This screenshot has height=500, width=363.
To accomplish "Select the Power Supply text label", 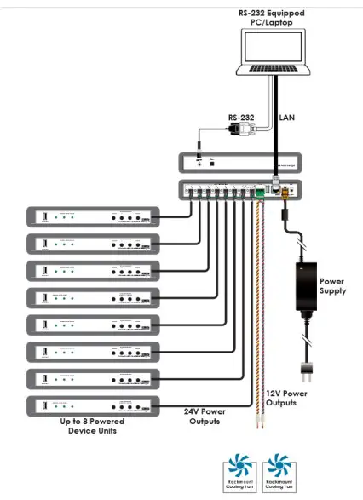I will tap(335, 285).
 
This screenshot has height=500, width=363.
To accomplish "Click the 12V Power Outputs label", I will tap(286, 397).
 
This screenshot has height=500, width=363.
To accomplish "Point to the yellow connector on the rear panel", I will tap(285, 193).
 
